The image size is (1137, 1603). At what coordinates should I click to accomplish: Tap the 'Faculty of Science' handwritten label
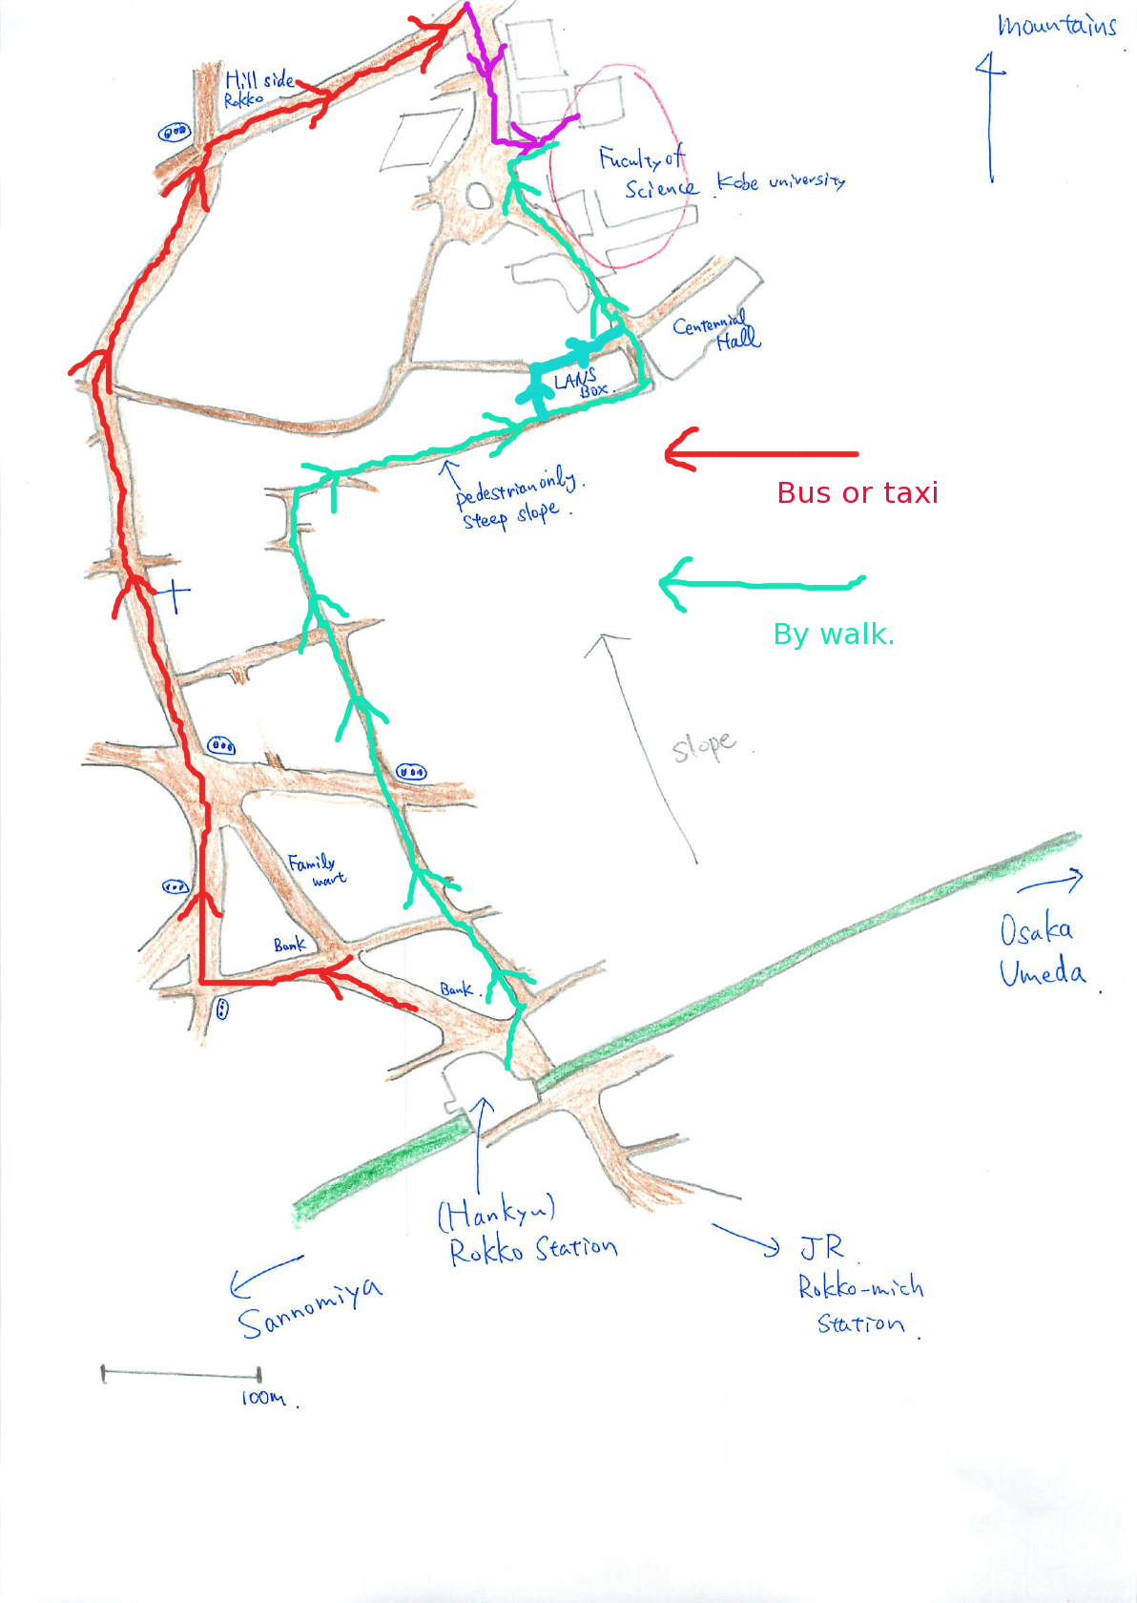point(649,174)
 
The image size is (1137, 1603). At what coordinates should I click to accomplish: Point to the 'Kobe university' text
point(780,180)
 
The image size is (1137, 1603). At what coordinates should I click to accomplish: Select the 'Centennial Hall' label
point(715,331)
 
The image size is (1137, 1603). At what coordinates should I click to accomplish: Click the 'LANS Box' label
point(581,384)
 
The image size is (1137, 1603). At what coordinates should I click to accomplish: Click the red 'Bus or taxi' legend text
point(857,492)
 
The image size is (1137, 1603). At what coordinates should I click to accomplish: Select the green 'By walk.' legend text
point(834,635)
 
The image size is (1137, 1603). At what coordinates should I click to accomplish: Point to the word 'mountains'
point(1056,26)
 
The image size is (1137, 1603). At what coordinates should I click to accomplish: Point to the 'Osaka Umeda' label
point(1042,951)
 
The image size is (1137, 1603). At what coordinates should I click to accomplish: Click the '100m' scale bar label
point(263,1398)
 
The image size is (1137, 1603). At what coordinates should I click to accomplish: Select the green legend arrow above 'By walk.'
point(760,582)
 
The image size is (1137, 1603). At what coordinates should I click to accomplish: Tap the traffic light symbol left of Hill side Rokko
point(174,133)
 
